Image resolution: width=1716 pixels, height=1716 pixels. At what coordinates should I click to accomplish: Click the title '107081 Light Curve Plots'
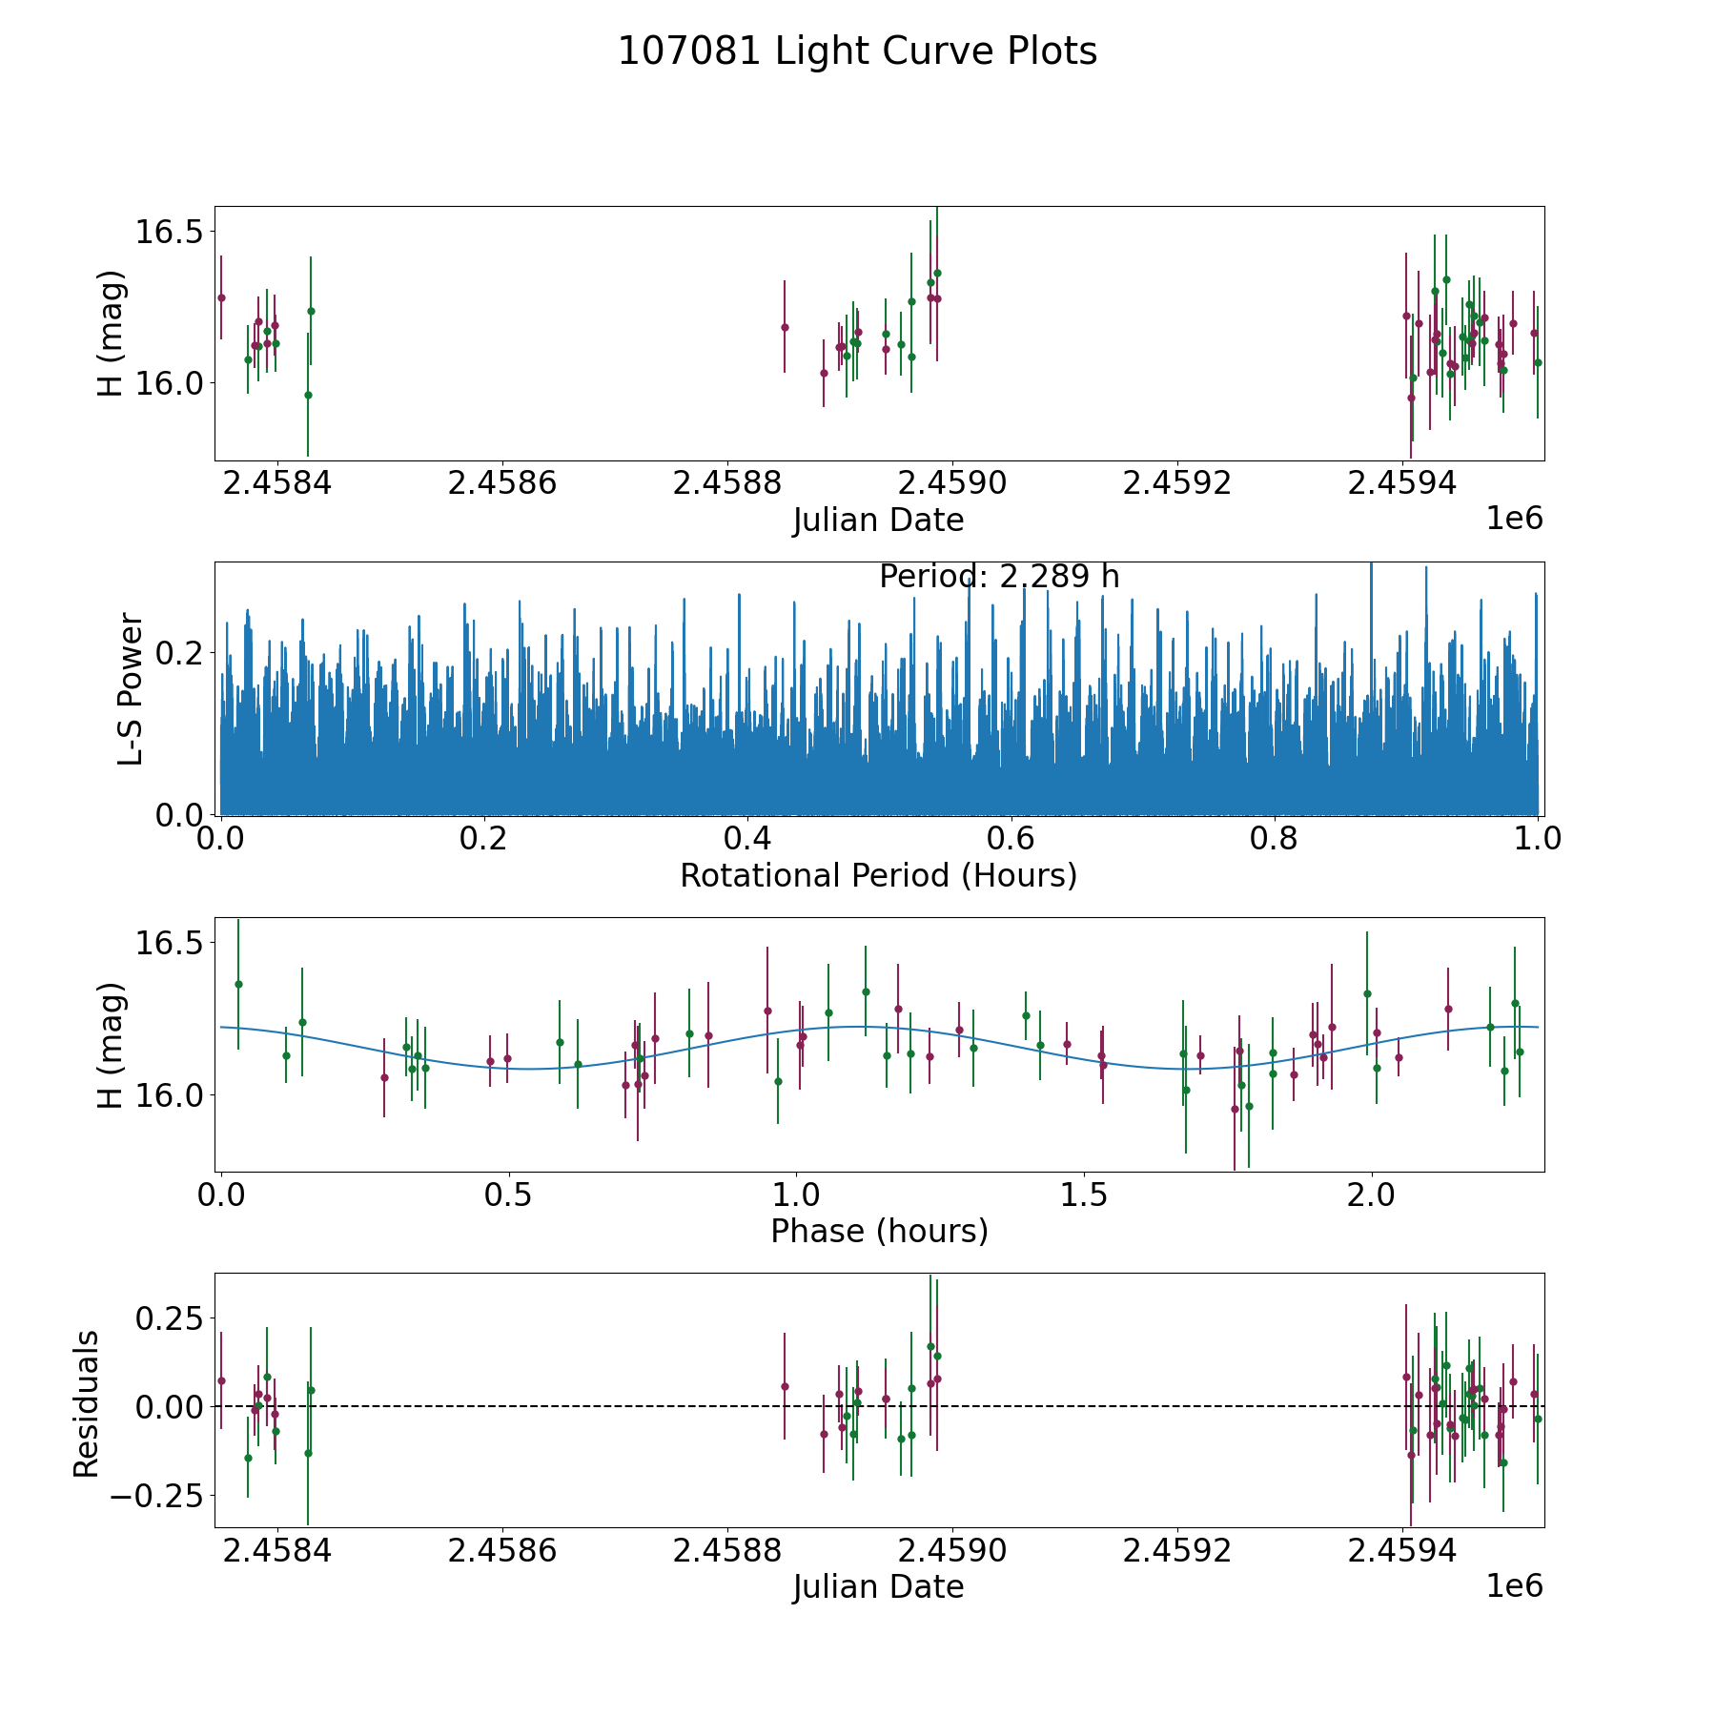(x=857, y=51)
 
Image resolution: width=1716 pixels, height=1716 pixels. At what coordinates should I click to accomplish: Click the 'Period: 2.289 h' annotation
(x=998, y=577)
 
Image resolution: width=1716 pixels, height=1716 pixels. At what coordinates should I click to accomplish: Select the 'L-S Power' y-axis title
(x=131, y=689)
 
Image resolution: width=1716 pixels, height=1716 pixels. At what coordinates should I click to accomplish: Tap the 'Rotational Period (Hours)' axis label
(x=878, y=875)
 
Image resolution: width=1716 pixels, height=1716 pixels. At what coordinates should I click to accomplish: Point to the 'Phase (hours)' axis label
(x=879, y=1232)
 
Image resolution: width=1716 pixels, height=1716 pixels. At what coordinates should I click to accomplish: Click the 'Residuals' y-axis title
(x=87, y=1404)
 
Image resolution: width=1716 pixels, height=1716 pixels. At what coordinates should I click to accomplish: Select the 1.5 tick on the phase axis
(x=1083, y=1195)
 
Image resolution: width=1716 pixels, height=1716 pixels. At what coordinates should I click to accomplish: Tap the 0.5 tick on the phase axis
(x=508, y=1195)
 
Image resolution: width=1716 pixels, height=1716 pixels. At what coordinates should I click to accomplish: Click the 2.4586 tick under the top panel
(x=501, y=483)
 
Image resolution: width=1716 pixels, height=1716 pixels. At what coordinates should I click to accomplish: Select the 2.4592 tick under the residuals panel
(x=1177, y=1551)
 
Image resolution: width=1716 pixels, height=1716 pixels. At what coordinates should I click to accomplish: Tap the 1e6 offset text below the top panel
(x=1514, y=519)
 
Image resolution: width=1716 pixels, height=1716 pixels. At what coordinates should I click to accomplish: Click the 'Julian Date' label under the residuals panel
(x=878, y=1587)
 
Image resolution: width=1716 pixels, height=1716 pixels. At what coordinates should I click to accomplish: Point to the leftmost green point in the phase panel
(x=238, y=984)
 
